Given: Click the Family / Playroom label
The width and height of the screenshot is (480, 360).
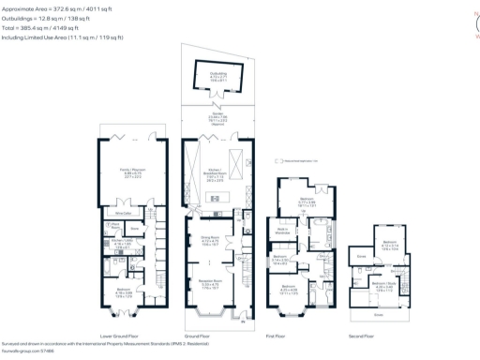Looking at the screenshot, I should pyautogui.click(x=131, y=171).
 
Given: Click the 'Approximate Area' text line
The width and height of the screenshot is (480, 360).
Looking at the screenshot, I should pyautogui.click(x=56, y=7).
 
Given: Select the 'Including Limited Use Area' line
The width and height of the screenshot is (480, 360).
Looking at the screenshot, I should pyautogui.click(x=61, y=38).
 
